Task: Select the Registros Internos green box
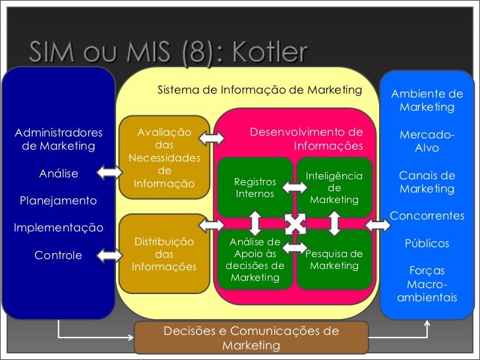point(255,187)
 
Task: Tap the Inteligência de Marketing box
point(334,187)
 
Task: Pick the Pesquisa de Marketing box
point(334,260)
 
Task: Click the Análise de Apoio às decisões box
point(255,260)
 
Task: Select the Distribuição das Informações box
point(164,255)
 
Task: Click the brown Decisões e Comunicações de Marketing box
point(251,338)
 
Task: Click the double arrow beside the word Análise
point(109,173)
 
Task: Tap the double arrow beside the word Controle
point(109,255)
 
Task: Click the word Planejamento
point(58,200)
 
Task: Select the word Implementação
point(58,228)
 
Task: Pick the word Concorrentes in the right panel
point(427,216)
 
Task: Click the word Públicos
point(427,243)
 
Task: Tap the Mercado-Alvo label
point(427,141)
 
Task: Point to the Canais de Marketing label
point(427,182)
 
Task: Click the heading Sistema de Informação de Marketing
point(260,90)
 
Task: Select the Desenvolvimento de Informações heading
point(307,138)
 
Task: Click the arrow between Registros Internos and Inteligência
point(294,187)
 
